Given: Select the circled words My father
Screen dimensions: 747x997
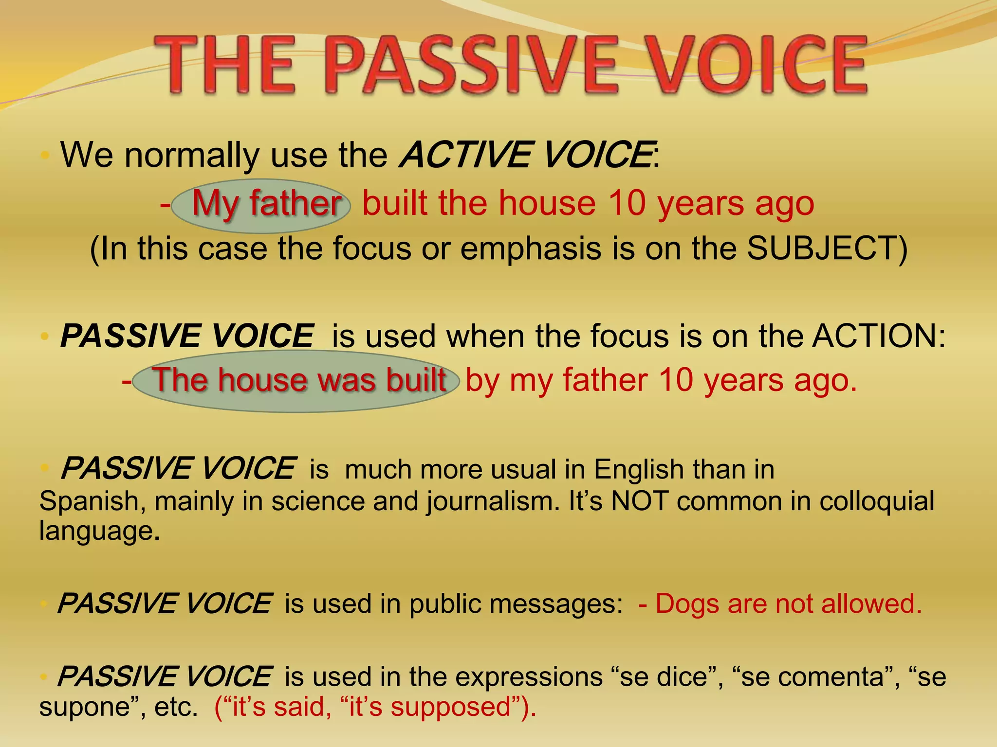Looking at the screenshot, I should (266, 203).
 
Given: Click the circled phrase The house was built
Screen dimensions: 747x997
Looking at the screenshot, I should (299, 380).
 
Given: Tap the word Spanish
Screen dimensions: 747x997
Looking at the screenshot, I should (89, 501).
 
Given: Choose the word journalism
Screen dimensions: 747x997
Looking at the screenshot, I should (493, 501).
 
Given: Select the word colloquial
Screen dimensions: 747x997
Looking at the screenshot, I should (877, 501).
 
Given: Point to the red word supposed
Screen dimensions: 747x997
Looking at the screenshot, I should (451, 707).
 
